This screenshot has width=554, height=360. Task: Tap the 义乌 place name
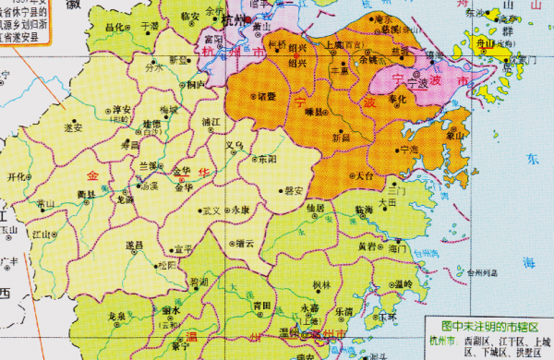point(236,145)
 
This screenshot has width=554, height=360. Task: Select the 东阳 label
point(267,159)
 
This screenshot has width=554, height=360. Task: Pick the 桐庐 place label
point(195,84)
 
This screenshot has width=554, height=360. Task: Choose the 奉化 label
point(397,98)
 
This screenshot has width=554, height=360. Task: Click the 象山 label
point(453,136)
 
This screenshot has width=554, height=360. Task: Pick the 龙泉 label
point(116,316)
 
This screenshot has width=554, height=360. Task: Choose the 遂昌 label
point(135,245)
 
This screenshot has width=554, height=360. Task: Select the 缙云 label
point(245,244)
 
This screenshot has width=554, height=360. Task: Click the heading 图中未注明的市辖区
point(488,326)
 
